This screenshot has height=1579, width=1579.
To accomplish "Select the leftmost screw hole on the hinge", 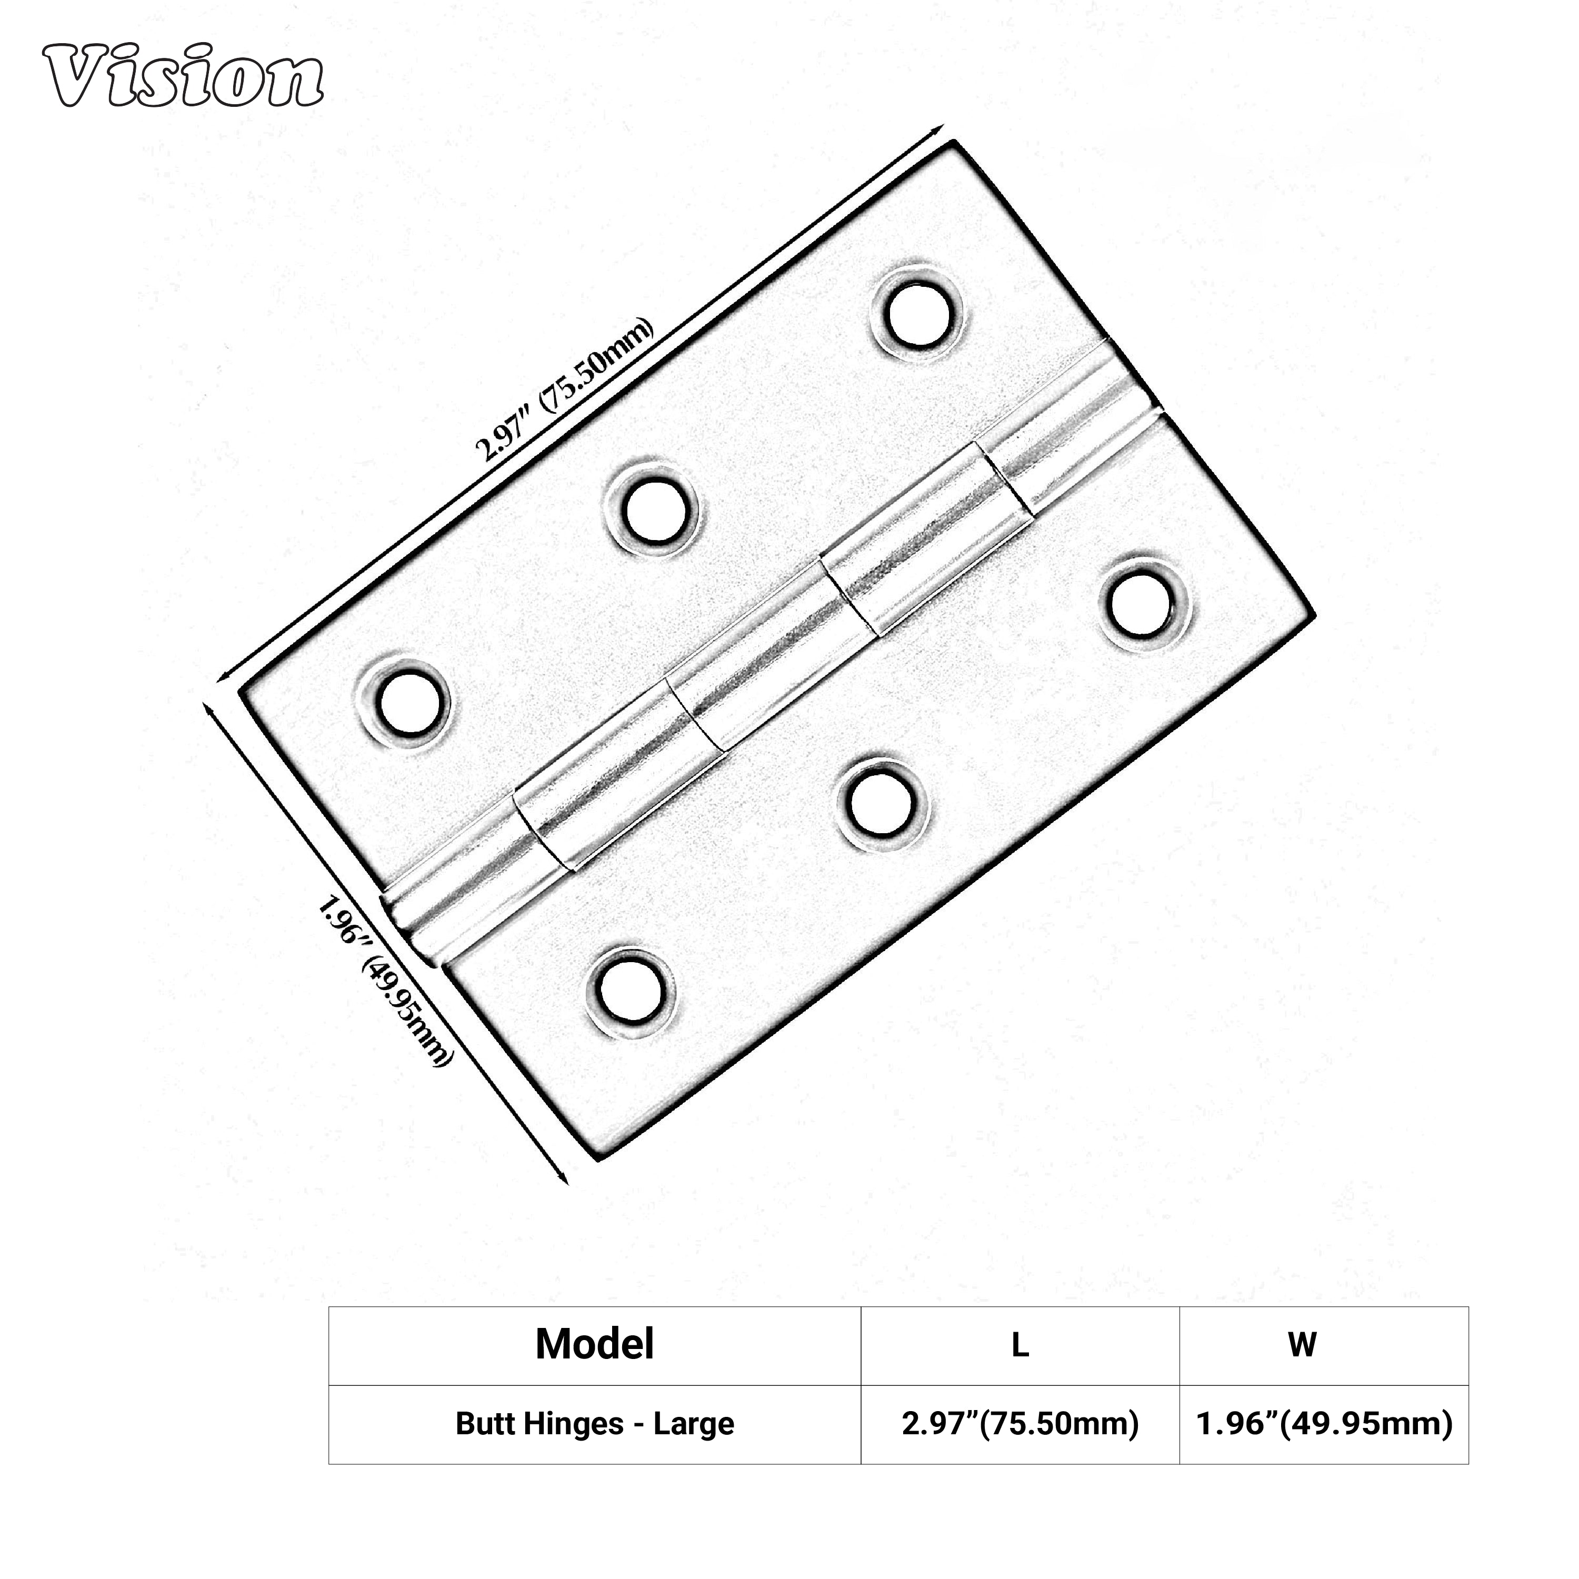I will click(x=405, y=702).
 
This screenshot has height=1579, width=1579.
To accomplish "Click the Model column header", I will click(x=594, y=1344).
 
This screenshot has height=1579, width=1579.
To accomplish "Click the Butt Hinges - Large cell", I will click(x=594, y=1424).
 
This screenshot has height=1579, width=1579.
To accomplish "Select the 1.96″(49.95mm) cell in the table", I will click(x=1324, y=1424).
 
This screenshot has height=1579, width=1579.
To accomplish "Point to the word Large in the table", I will click(x=693, y=1424).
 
